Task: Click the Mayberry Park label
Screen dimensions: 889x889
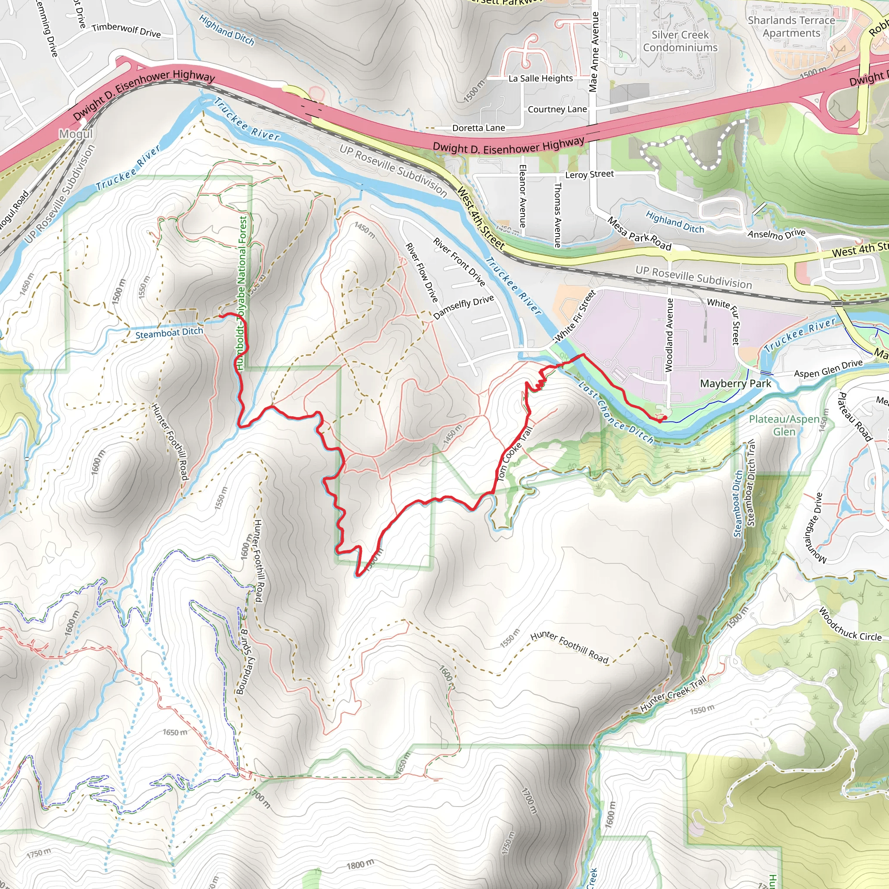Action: click(x=735, y=384)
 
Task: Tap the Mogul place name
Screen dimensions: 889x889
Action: click(x=76, y=134)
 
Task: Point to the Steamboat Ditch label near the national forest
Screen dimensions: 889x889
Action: click(x=169, y=333)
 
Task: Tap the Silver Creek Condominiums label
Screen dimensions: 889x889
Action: click(x=680, y=41)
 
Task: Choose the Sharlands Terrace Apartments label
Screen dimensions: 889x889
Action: click(x=791, y=26)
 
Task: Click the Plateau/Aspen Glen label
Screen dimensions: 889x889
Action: click(x=784, y=425)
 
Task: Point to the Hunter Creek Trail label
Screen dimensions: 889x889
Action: click(x=673, y=694)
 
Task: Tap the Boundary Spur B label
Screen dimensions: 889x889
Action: click(x=243, y=662)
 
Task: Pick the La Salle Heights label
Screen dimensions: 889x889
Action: click(x=541, y=79)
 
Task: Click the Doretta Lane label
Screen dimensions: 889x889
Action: click(x=478, y=128)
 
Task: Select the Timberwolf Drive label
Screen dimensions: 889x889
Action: click(x=126, y=30)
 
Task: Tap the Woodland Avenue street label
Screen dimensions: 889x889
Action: click(x=669, y=335)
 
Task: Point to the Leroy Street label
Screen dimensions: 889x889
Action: click(x=589, y=175)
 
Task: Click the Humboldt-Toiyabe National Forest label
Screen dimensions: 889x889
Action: click(x=242, y=293)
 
